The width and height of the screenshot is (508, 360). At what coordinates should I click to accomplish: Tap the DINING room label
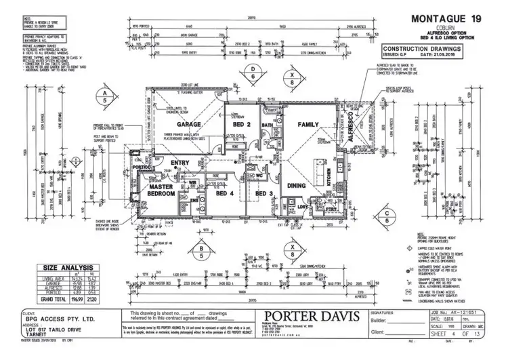[299, 185]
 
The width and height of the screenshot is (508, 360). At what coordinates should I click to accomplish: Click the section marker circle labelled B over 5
[201, 252]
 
